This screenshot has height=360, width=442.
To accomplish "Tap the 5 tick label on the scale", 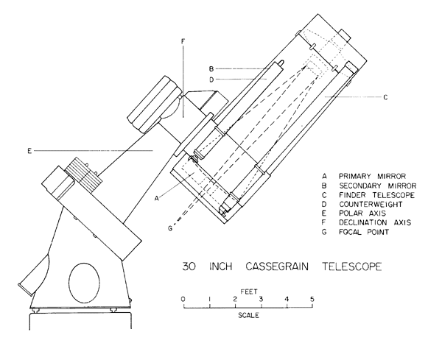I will (x=312, y=298).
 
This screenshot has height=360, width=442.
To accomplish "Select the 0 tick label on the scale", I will (x=183, y=298).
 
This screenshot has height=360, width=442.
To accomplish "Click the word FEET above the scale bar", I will (x=248, y=289).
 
